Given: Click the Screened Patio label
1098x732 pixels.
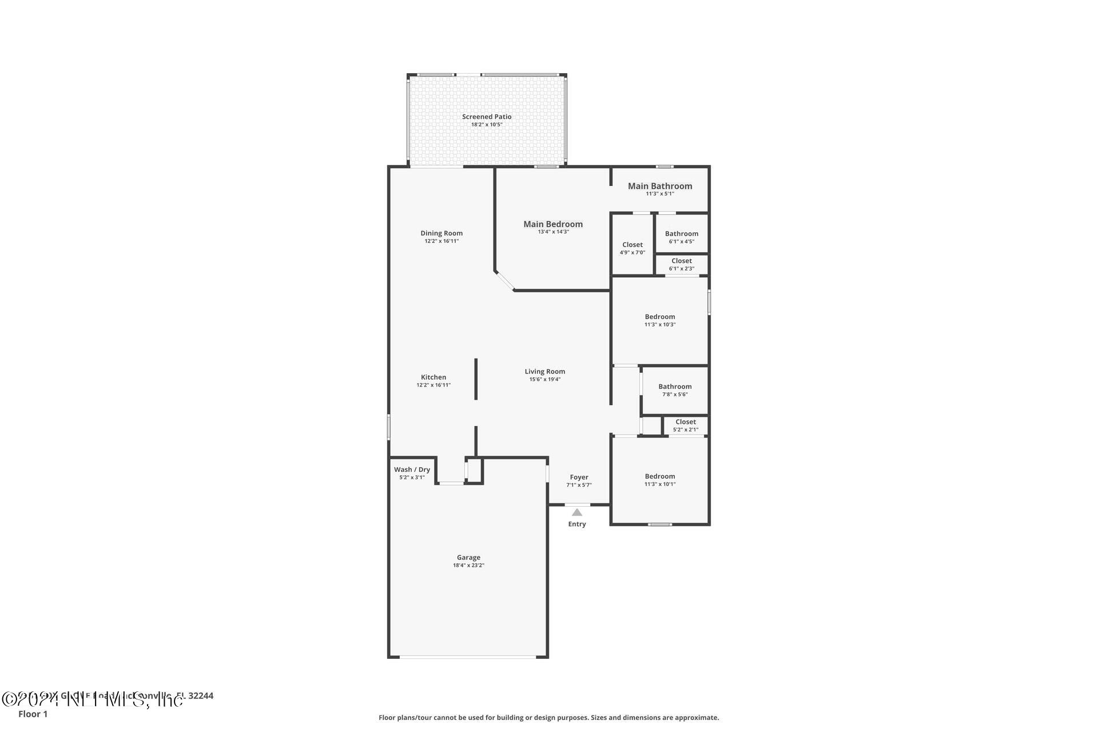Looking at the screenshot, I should [487, 117].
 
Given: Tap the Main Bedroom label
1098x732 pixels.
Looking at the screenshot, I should [553, 224].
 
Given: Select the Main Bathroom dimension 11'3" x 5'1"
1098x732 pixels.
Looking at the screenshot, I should [660, 194].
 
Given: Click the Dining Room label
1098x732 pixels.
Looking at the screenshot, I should [441, 233].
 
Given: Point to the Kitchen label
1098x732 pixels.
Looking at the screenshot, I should [433, 377].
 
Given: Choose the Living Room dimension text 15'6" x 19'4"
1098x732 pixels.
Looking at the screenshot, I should [544, 379].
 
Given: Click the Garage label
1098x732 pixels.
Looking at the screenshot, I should [468, 557].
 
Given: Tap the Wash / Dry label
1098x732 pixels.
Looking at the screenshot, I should [412, 470].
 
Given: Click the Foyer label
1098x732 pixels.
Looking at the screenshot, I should [579, 477].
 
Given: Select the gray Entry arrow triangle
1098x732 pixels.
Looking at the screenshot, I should [577, 512].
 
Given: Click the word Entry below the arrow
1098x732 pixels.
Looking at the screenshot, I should [577, 524].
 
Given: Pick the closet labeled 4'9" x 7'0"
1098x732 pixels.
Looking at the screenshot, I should [632, 248].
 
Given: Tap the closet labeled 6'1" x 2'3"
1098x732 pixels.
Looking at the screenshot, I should [682, 264].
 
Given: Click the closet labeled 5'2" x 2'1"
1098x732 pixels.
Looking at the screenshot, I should [686, 425].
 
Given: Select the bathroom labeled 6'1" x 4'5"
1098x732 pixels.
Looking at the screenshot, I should [682, 237].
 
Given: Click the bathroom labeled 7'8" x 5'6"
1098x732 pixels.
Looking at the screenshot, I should [675, 390].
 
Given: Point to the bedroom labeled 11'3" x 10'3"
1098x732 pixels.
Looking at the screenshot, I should [660, 320].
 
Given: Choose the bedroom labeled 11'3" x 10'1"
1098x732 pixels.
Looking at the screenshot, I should [660, 480].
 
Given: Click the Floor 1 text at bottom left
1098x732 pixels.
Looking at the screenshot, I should [33, 714].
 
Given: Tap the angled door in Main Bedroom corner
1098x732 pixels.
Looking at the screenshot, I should [505, 281].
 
